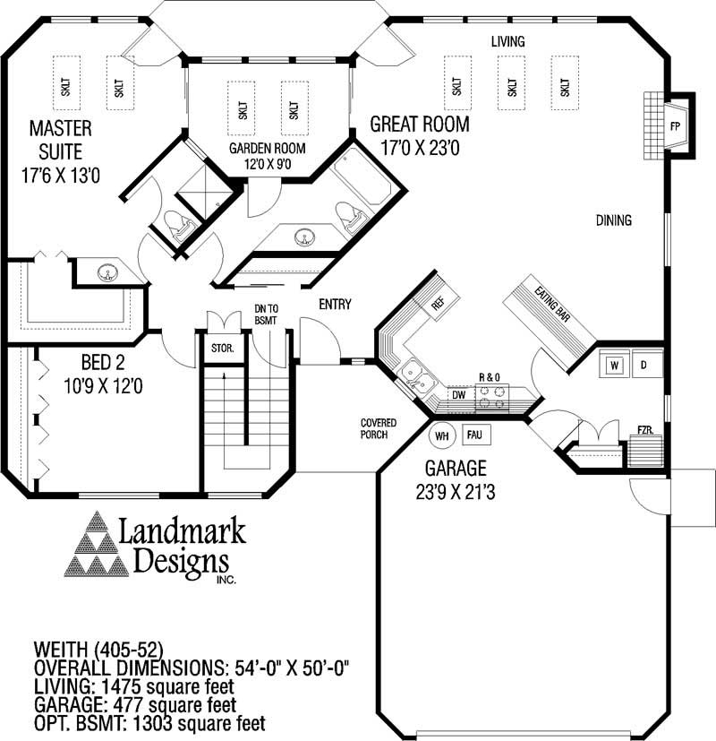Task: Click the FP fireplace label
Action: tap(674, 125)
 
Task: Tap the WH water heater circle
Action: tap(440, 436)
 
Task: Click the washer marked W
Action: tap(615, 366)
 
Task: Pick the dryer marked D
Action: tap(644, 366)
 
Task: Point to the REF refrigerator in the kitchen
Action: tap(438, 302)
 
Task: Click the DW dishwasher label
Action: tap(458, 394)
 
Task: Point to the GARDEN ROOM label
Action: tap(267, 148)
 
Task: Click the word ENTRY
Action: tap(335, 305)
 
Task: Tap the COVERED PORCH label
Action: tap(379, 429)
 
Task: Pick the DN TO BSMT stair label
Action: tap(266, 313)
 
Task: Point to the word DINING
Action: tap(612, 220)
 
